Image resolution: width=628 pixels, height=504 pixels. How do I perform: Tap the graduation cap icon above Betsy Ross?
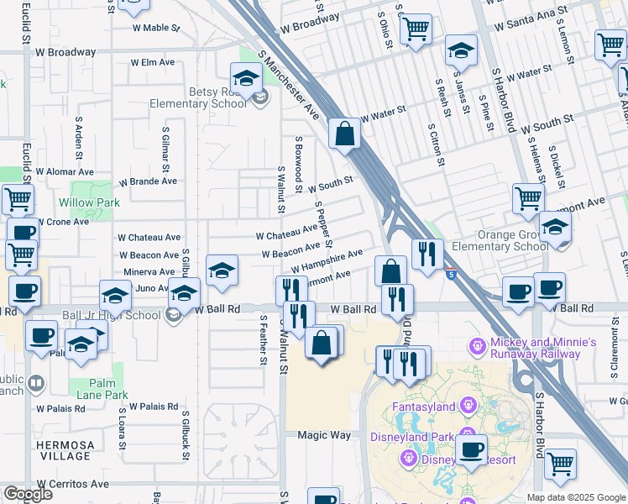pyautogui.click(x=246, y=80)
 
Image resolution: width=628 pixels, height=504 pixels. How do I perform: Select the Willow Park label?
pyautogui.click(x=89, y=202)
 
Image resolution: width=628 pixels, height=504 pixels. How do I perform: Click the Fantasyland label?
pyautogui.click(x=424, y=407)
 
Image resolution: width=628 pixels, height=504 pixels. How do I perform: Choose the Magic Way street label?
pyautogui.click(x=324, y=435)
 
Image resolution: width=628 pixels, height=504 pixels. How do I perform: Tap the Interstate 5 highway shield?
pyautogui.click(x=452, y=274)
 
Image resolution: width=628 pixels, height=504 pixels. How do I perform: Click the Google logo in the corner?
pyautogui.click(x=28, y=494)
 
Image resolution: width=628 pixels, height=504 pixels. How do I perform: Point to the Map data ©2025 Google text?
pyautogui.click(x=575, y=497)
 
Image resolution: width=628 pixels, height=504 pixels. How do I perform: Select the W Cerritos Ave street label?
pyautogui.click(x=71, y=484)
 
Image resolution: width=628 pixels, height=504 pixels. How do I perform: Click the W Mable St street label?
pyautogui.click(x=156, y=28)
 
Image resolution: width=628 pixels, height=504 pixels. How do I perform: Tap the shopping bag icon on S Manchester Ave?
pyautogui.click(x=345, y=133)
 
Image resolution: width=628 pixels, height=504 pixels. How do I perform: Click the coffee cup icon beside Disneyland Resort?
pyautogui.click(x=472, y=449)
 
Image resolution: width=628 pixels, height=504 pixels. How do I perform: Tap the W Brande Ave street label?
pyautogui.click(x=148, y=181)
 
